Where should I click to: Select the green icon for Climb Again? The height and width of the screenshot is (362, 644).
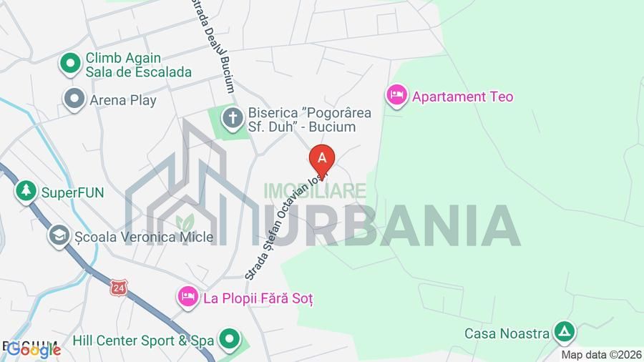(x=71, y=64)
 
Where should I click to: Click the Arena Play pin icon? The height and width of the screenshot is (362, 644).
(x=74, y=99)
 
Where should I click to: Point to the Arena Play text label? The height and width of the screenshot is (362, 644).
(x=123, y=100)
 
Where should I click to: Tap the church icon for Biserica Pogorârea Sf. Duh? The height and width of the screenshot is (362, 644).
(x=232, y=118)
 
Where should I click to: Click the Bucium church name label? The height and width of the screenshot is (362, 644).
(x=301, y=120)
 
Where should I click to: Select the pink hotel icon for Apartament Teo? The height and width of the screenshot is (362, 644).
(x=396, y=95)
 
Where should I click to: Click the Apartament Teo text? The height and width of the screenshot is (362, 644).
(x=463, y=97)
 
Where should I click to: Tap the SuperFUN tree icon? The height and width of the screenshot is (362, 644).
(x=26, y=191)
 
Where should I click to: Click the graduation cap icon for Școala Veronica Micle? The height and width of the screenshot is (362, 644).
(x=58, y=235)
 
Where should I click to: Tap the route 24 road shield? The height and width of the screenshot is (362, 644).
(x=117, y=287)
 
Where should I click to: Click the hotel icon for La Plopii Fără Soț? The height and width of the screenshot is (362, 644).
(x=187, y=296)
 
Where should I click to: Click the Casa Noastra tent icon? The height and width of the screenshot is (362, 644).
(x=565, y=332)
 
